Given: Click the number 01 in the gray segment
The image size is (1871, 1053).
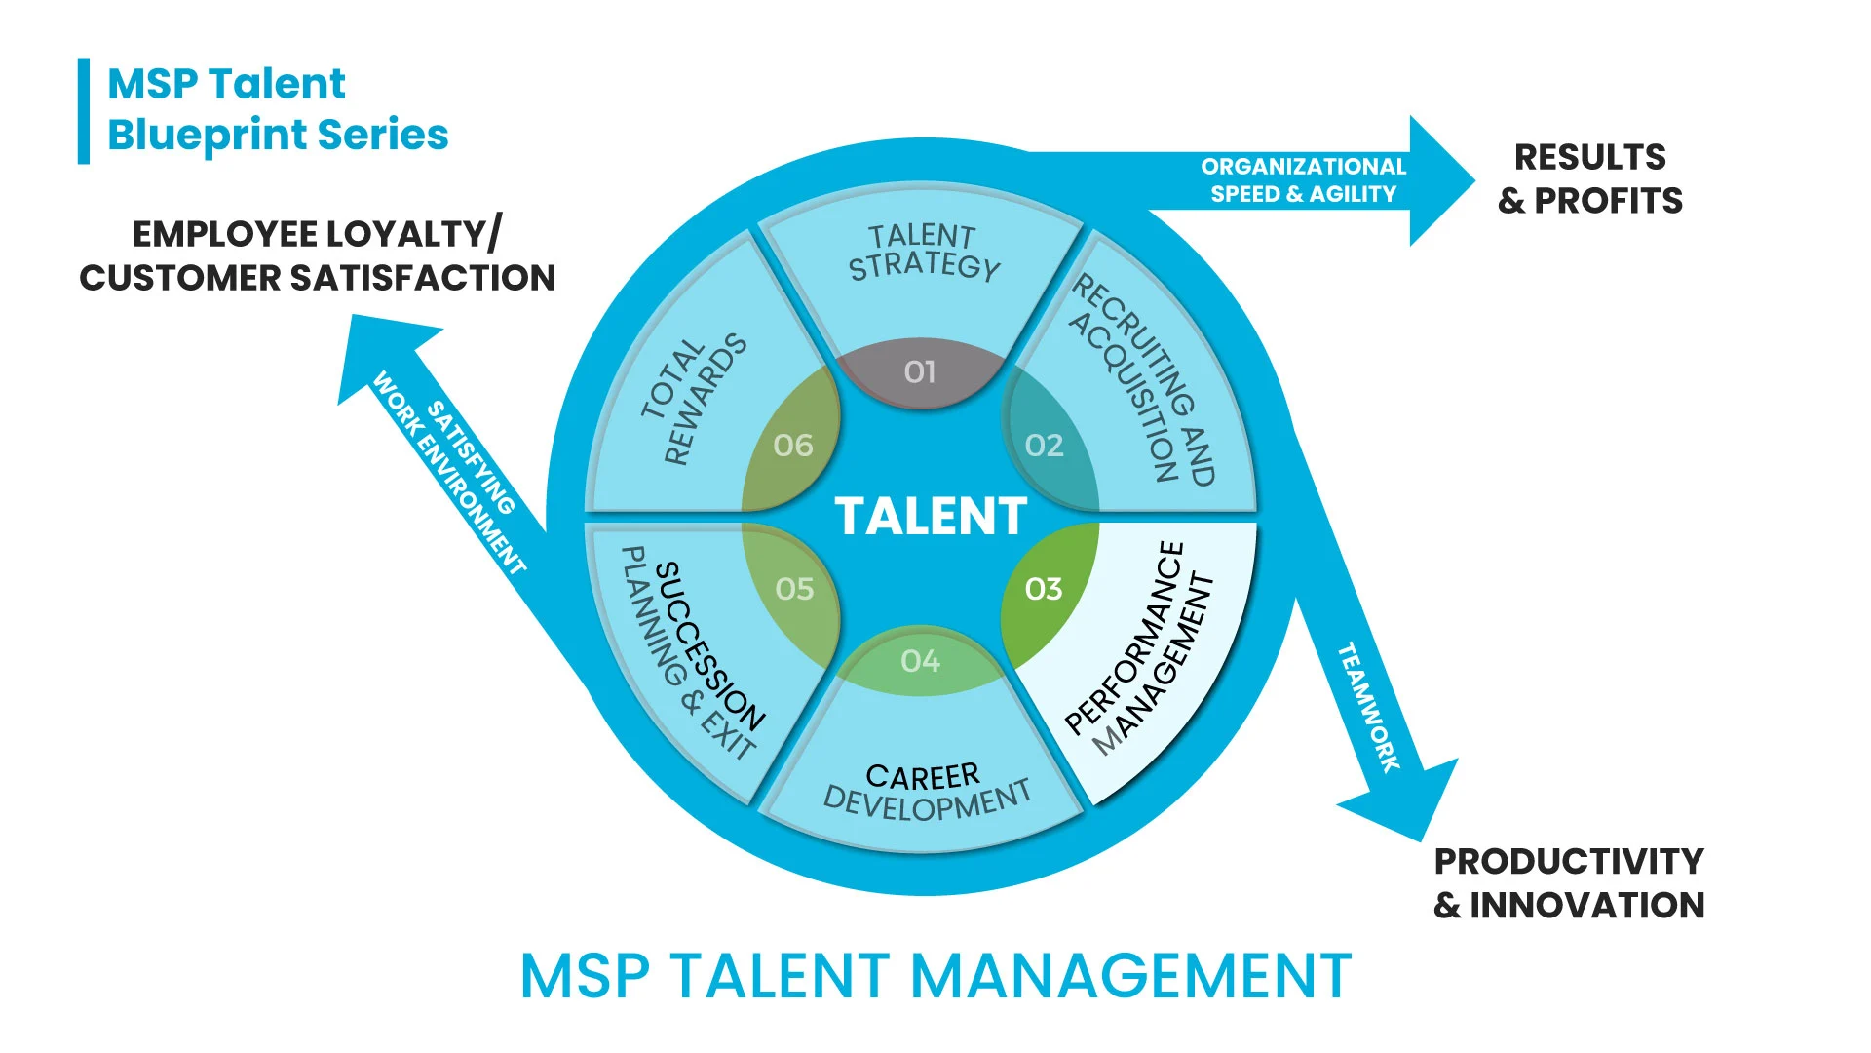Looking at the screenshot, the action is pos(920,371).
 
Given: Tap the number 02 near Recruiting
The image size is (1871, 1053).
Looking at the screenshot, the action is pos(1044,446).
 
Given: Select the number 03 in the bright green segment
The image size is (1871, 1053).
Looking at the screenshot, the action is pos(1044,589).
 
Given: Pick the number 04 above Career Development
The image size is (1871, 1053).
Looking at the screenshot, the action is pos(921,661).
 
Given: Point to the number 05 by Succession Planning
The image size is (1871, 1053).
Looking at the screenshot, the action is pos(794,589).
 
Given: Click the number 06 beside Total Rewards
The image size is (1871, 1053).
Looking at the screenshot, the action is pos(793,446).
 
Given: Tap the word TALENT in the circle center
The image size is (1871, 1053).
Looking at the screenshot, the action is pos(931,516).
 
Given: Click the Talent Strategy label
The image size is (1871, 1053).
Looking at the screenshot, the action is pos(923,253).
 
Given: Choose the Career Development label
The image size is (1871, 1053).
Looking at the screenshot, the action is pos(926,791).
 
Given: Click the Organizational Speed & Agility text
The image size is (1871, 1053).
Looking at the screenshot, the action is pos(1304,180).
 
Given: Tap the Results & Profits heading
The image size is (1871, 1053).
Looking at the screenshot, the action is pos(1590,178).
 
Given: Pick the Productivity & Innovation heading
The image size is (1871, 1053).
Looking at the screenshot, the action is pos(1569,882).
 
